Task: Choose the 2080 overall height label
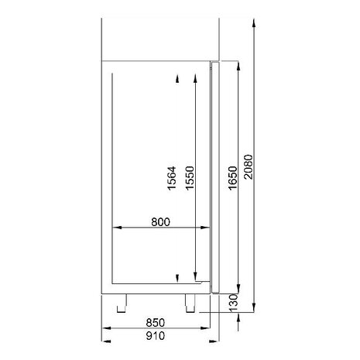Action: point(248,166)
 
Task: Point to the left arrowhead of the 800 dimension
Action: point(116,228)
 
